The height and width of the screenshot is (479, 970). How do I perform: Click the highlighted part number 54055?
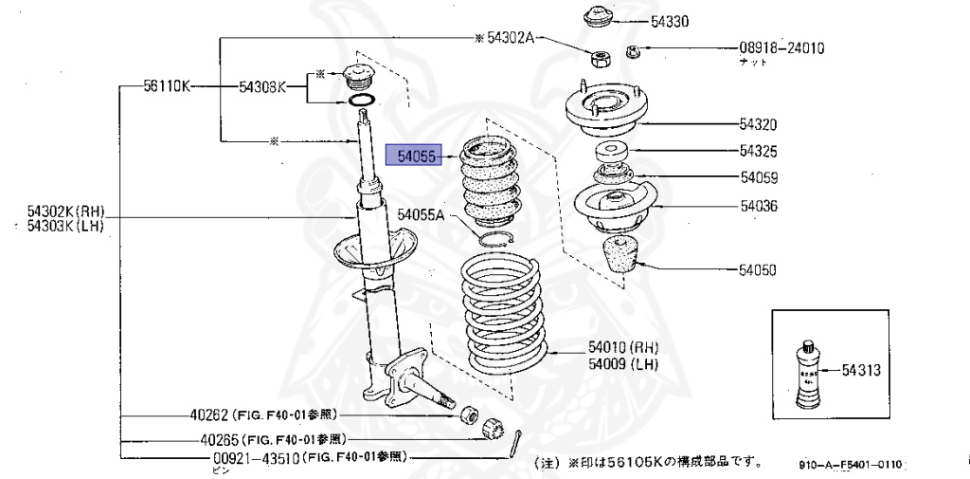point(417,157)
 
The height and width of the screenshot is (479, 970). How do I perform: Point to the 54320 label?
point(758,124)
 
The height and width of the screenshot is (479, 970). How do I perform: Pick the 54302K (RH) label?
point(65,211)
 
